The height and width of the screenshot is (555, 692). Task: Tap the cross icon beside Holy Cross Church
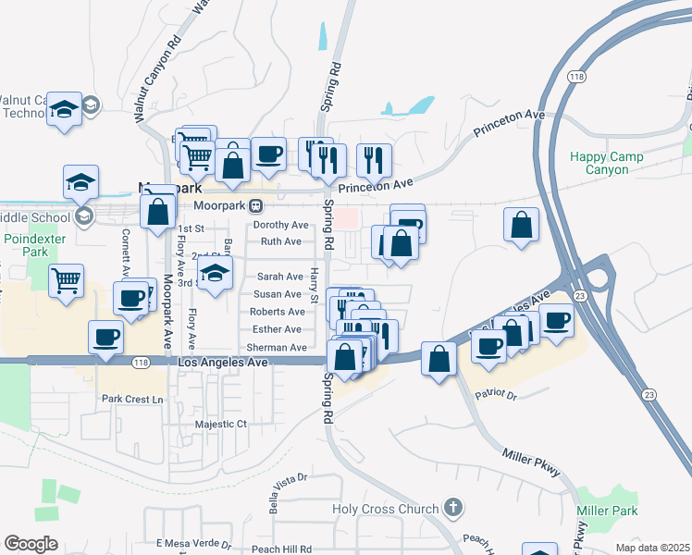click(x=452, y=507)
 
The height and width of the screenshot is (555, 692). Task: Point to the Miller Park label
click(x=607, y=512)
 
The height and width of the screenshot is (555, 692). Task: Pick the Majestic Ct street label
click(x=221, y=425)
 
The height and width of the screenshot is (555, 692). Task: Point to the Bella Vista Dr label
click(x=287, y=490)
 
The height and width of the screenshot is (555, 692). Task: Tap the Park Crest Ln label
click(x=132, y=400)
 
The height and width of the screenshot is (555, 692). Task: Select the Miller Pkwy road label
click(x=532, y=462)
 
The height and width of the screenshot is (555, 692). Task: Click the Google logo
click(x=31, y=544)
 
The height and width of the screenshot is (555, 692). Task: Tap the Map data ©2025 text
click(x=653, y=548)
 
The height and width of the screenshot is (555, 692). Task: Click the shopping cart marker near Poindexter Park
click(x=67, y=279)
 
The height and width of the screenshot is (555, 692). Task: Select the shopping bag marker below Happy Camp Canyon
click(x=522, y=225)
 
